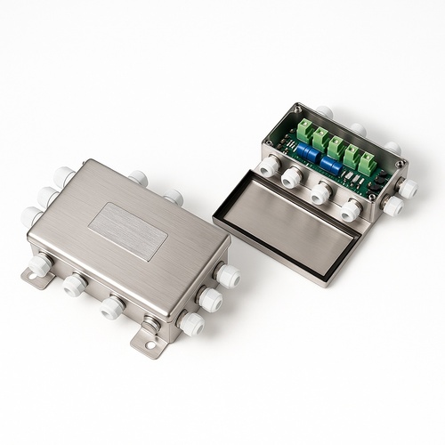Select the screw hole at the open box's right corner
pyautogui.click(x=402, y=164)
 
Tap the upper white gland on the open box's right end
pyautogui.click(x=408, y=188)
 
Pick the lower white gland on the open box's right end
pyautogui.click(x=392, y=206)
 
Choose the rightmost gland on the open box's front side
pyautogui.click(x=351, y=211)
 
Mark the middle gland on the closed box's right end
pyautogui.click(x=210, y=300)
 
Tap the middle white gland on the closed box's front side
pyautogui.click(x=111, y=308)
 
